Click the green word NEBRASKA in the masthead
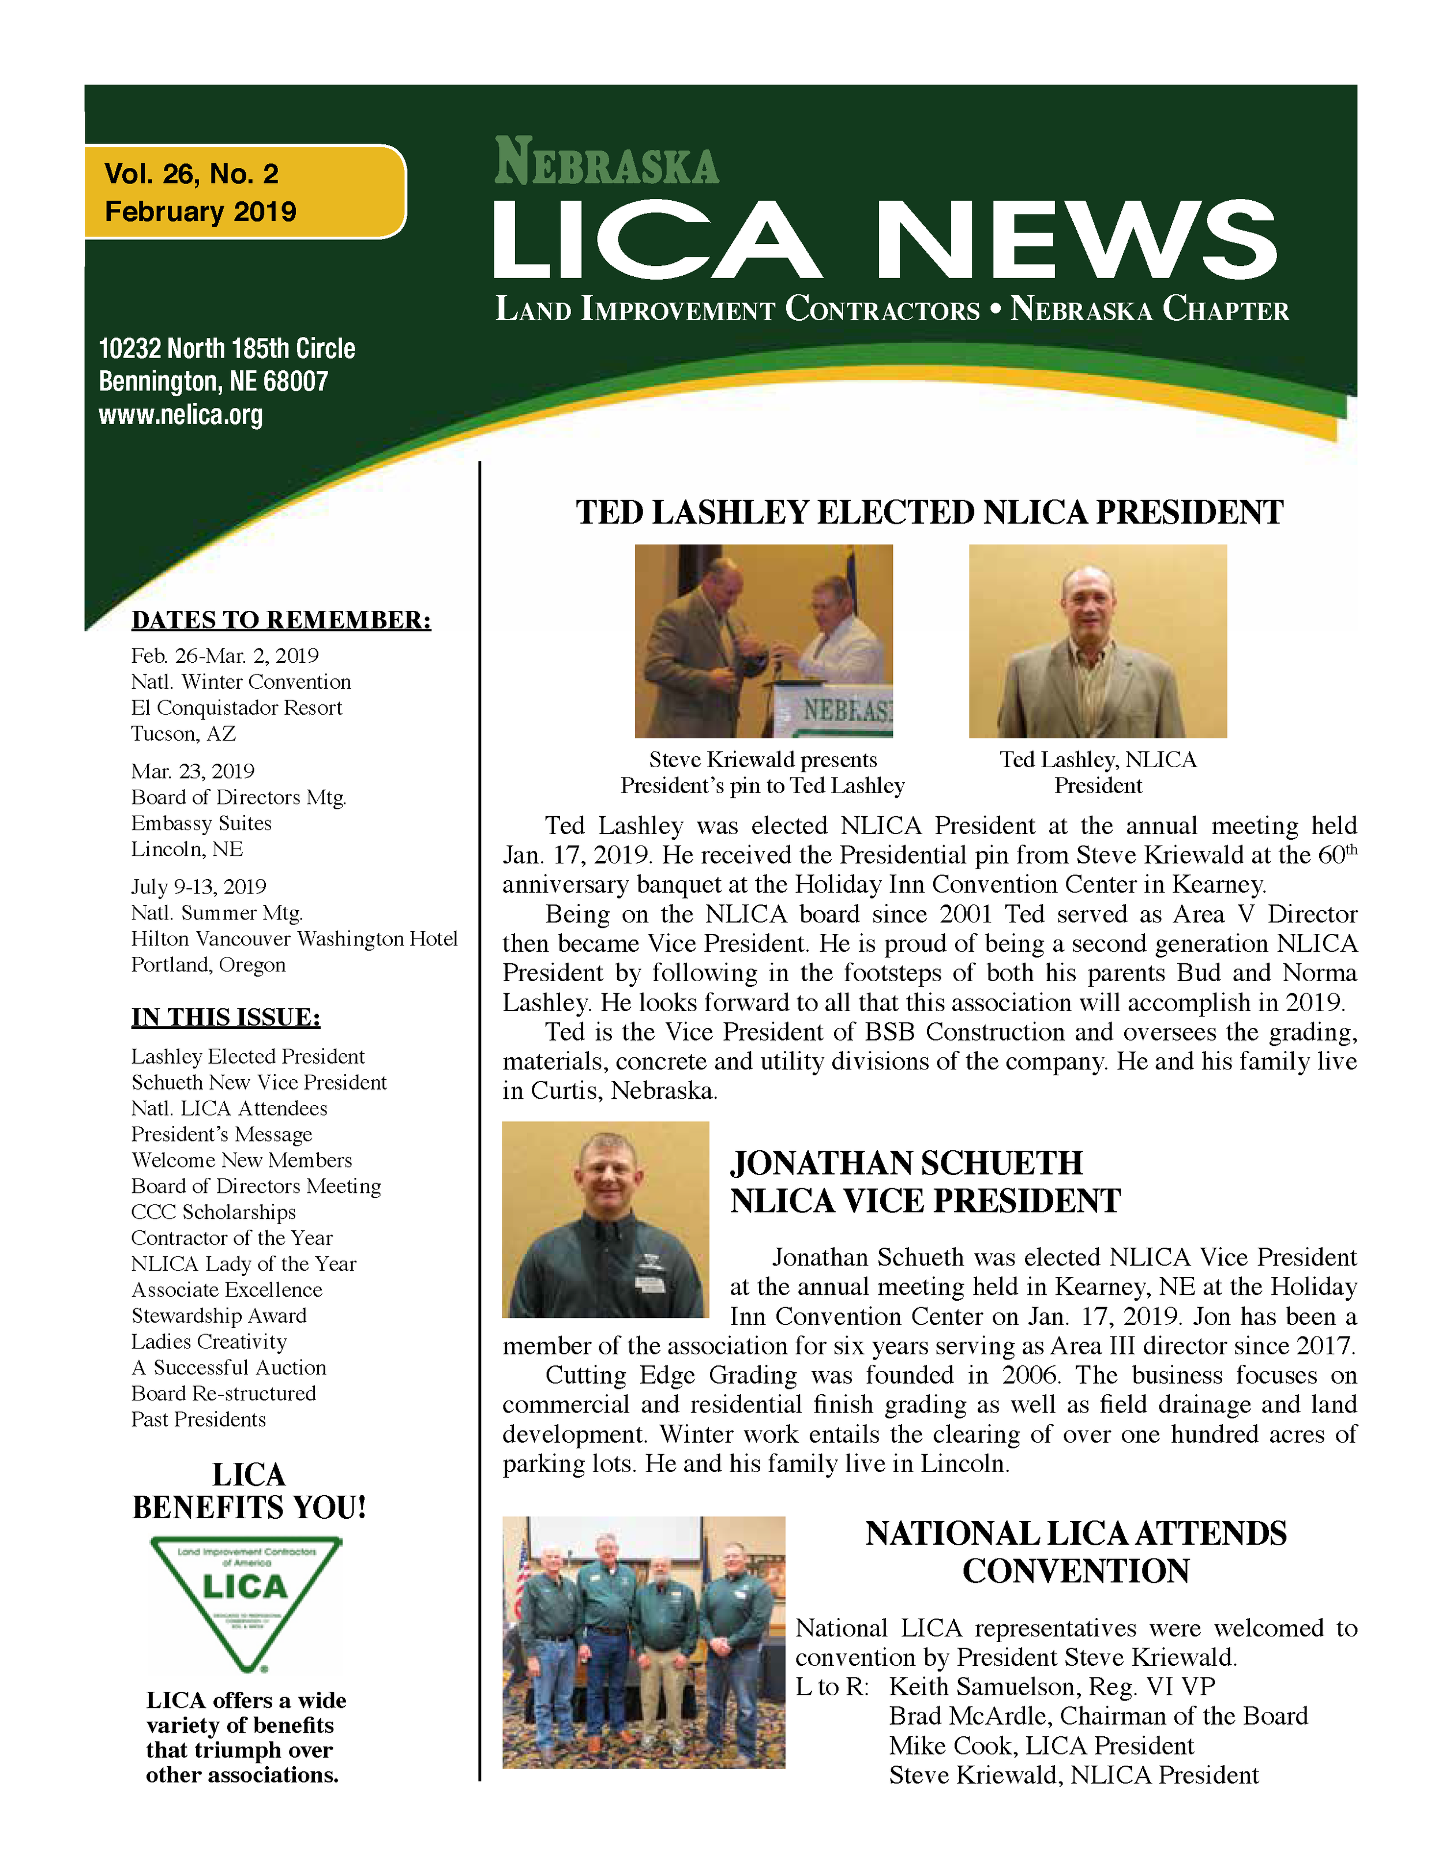607,162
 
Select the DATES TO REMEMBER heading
281,620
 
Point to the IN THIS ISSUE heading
226,1017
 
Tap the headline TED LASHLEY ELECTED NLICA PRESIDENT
929,513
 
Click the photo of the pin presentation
763,641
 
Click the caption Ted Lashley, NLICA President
1098,772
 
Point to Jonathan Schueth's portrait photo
605,1219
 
